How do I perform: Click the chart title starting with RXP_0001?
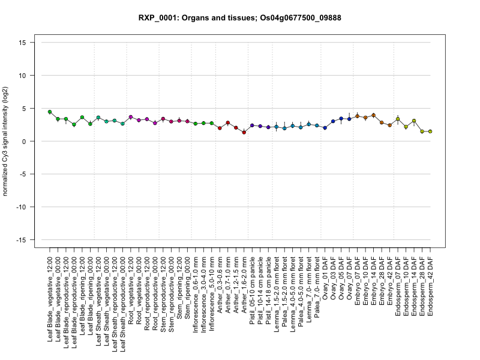pyautogui.click(x=239, y=18)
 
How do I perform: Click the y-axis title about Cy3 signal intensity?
pyautogui.click(x=5, y=141)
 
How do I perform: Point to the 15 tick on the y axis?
pyautogui.click(x=22, y=43)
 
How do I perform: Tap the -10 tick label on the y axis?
pyautogui.click(x=21, y=207)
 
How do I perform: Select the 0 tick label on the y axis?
pyautogui.click(x=24, y=141)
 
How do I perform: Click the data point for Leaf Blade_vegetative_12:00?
pyautogui.click(x=50, y=112)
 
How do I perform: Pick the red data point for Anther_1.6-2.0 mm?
pyautogui.click(x=244, y=133)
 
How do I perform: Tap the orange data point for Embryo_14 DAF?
pyautogui.click(x=373, y=115)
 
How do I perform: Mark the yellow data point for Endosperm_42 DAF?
pyautogui.click(x=430, y=131)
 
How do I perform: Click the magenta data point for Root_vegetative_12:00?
pyautogui.click(x=131, y=117)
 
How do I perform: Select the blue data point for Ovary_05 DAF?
pyautogui.click(x=341, y=118)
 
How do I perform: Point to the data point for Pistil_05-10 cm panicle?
pyautogui.click(x=252, y=125)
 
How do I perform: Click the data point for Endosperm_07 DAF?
pyautogui.click(x=398, y=119)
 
